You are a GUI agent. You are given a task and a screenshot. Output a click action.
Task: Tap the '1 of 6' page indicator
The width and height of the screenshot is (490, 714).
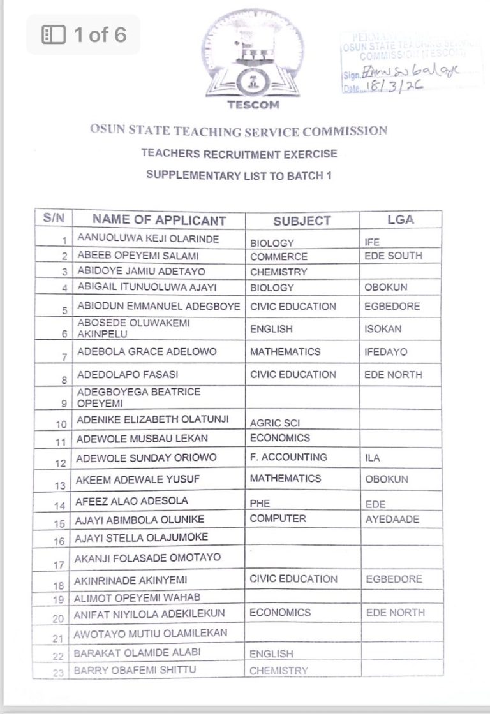(x=84, y=34)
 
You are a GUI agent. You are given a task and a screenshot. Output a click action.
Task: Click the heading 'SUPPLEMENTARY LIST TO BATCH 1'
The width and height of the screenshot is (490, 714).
(x=239, y=175)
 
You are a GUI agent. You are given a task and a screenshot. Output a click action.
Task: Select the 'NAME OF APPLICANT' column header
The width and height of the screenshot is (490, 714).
(x=159, y=220)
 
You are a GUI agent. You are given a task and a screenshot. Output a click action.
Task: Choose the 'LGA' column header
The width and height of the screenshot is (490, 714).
(x=400, y=219)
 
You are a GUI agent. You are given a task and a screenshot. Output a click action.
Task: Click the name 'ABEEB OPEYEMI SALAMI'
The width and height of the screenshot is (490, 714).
(x=129, y=256)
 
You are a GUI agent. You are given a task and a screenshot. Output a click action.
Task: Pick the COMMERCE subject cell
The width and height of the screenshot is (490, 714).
(x=278, y=257)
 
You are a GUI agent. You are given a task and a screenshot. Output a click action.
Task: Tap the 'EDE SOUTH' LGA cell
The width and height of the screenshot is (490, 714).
(x=393, y=256)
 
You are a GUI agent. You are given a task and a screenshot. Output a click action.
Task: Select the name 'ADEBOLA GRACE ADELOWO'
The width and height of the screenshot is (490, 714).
(x=147, y=351)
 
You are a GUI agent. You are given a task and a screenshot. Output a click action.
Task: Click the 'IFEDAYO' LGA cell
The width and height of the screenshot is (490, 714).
(x=385, y=351)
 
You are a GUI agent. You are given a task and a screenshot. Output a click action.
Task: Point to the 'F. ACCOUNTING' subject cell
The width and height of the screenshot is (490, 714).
(x=288, y=457)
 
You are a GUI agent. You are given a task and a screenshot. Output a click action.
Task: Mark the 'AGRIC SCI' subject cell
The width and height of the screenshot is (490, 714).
(x=275, y=423)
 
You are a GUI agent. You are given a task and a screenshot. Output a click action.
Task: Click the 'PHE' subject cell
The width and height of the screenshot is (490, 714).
(x=260, y=503)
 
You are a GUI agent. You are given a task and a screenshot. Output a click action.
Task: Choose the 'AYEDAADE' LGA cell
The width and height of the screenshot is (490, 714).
(x=392, y=519)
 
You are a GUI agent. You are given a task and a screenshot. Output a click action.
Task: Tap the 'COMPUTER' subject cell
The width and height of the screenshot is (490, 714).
(x=278, y=518)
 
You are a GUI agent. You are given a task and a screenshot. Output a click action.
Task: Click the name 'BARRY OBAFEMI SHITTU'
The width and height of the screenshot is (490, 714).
(x=135, y=670)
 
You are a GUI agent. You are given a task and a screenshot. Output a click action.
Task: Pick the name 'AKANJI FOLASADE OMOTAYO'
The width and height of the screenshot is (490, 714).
(x=149, y=558)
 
